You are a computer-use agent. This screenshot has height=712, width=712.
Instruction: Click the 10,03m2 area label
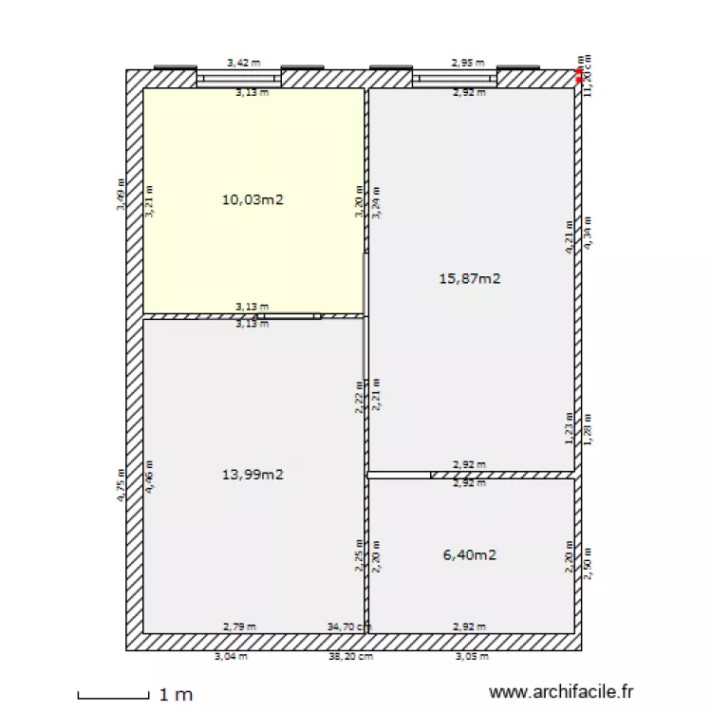coord(253,199)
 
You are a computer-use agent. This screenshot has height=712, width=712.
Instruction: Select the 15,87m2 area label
coord(469,278)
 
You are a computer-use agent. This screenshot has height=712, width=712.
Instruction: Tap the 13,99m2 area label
coord(253,475)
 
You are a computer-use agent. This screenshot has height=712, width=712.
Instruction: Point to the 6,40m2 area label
coord(469,555)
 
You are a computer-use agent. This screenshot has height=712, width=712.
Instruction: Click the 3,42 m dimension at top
coord(243,63)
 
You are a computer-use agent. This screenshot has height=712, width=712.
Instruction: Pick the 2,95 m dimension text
coord(467,63)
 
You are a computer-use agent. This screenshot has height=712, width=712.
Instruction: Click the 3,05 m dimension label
coord(472,656)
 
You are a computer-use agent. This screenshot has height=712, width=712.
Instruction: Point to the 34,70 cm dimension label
coord(347,627)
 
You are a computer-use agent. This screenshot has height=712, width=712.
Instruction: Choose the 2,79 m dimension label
coord(238,627)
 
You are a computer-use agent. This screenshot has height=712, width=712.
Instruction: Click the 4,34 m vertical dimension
coord(588,233)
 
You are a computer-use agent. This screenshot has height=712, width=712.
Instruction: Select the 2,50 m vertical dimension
coord(588,563)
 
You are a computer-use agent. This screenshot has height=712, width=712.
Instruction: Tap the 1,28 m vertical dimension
coord(588,429)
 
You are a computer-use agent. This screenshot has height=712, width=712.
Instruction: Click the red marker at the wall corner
coord(579,74)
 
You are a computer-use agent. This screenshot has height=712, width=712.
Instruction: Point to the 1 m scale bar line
coord(113,696)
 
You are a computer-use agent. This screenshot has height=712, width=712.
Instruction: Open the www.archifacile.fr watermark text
coord(560,695)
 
